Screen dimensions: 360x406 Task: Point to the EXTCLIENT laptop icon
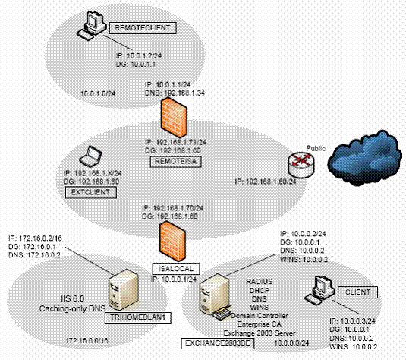point(93,156)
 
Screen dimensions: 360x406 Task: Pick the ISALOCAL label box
point(172,268)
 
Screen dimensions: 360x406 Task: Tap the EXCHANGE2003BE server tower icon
point(207,299)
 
